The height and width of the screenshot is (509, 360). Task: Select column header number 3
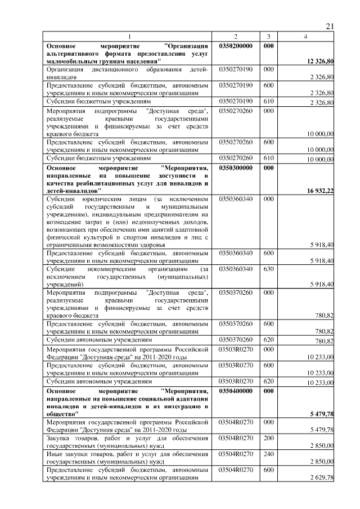coord(268,37)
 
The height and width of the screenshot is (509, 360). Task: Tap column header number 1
coord(128,37)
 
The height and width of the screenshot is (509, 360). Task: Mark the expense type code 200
coord(268,438)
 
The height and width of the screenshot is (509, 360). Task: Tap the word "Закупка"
coord(61,438)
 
